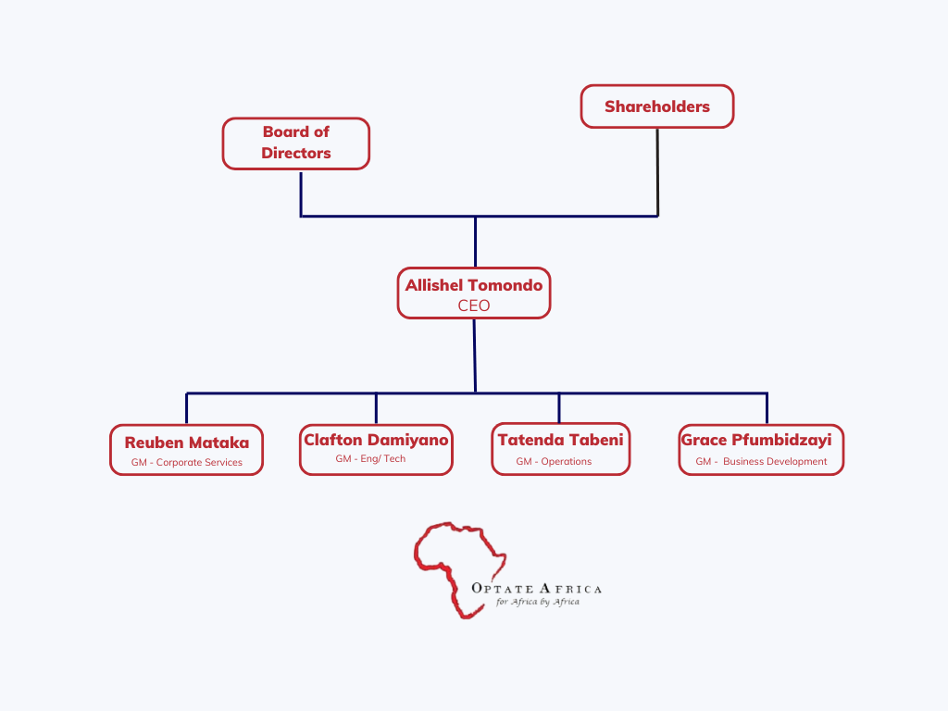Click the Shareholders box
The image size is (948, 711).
tap(656, 106)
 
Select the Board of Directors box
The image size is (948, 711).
tap(295, 143)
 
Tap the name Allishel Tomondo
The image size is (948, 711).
tap(473, 285)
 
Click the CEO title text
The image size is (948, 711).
tap(473, 306)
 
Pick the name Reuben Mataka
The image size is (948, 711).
tap(186, 443)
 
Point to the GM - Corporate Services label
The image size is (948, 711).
tap(186, 462)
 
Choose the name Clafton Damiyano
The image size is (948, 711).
tap(376, 440)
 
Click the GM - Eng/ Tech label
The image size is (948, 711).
tap(370, 458)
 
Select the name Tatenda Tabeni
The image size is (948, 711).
tap(560, 440)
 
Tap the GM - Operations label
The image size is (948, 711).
tap(554, 461)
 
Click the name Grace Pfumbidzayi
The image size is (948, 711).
tap(755, 440)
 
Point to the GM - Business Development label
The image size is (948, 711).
tap(761, 461)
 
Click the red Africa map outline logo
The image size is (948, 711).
tap(457, 565)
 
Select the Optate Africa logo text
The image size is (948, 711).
tap(536, 589)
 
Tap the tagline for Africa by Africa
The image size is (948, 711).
tap(538, 602)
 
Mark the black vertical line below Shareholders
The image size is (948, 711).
tap(657, 171)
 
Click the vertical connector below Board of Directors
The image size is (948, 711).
tap(301, 193)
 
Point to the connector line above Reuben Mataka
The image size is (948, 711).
tap(186, 408)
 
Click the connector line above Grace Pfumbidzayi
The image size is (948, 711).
tap(767, 408)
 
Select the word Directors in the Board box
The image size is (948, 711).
tap(295, 154)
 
